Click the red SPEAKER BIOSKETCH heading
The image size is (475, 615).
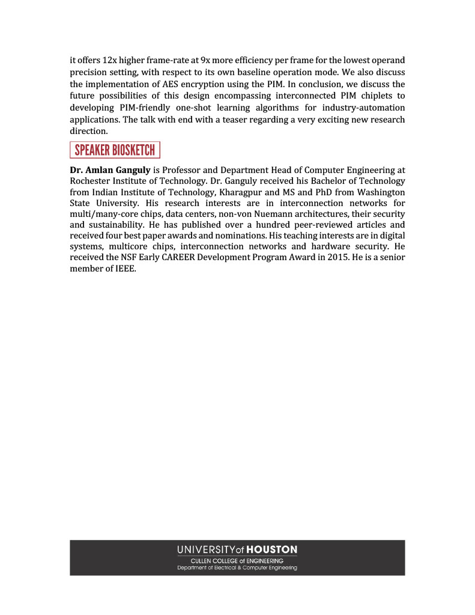(115, 150)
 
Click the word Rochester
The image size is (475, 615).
(90, 181)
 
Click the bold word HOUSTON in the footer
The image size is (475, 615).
(272, 550)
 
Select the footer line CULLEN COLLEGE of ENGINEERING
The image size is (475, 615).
(237, 561)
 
